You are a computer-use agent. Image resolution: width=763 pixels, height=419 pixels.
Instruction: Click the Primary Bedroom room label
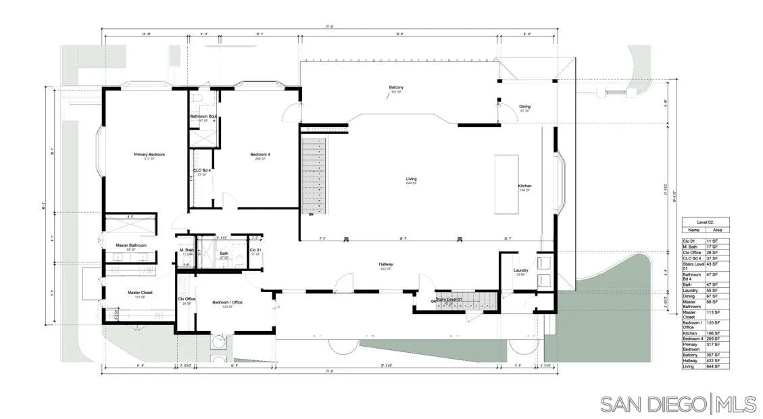[x=149, y=154]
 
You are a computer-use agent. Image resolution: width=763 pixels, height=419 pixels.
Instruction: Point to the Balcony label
[x=396, y=87]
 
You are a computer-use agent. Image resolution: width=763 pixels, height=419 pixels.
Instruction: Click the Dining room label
[x=524, y=106]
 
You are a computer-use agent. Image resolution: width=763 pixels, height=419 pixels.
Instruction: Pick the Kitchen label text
[x=524, y=186]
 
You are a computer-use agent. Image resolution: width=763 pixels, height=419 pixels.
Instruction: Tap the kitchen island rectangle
[x=507, y=184]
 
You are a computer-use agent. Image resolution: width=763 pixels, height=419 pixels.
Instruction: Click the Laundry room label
[x=520, y=270]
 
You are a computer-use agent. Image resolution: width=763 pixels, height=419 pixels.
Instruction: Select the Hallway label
[x=386, y=264]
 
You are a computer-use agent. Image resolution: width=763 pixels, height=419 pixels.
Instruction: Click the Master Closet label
[x=141, y=293]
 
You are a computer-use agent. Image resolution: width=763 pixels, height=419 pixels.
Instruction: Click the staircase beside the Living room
[x=313, y=176]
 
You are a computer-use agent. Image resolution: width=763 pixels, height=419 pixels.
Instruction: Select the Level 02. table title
[x=706, y=222]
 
